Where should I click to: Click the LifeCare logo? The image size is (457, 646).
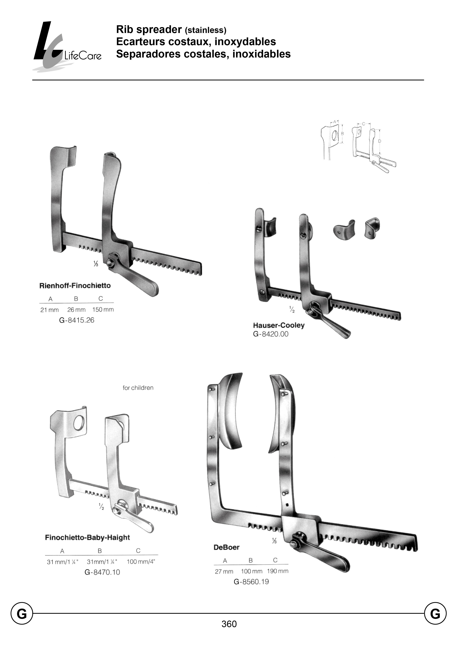tap(66, 46)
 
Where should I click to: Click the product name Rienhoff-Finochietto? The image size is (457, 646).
tap(75, 286)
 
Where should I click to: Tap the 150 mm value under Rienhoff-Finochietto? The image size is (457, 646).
tap(103, 310)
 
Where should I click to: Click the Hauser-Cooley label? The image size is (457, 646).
tap(279, 325)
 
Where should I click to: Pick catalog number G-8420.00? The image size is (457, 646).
tap(271, 334)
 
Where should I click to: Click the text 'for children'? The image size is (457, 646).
tap(138, 388)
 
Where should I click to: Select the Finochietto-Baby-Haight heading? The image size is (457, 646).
tap(87, 538)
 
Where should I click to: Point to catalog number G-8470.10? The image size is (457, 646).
tap(102, 572)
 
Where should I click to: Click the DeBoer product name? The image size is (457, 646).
tap(226, 547)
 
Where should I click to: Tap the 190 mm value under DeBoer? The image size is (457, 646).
tap(278, 571)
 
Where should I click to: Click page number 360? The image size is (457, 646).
tap(229, 624)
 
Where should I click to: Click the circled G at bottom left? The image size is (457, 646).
tap(22, 614)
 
